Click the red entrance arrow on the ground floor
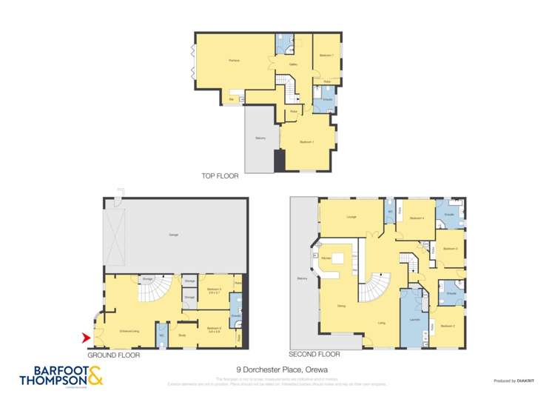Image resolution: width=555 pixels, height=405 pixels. [x=84, y=338]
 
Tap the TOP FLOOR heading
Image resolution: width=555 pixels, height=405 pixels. [x=220, y=176]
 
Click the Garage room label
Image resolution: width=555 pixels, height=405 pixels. [x=173, y=235]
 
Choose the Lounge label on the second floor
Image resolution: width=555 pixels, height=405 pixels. [x=351, y=217]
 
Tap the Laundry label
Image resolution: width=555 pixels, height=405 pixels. [x=414, y=320]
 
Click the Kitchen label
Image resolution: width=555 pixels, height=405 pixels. [x=326, y=257]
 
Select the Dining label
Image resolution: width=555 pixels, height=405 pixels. [x=341, y=306]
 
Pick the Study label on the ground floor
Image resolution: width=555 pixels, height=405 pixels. [x=182, y=335]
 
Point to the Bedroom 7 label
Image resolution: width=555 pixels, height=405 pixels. [x=326, y=56]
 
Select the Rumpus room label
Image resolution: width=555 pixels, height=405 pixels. [x=235, y=59]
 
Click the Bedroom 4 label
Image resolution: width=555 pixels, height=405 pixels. [x=417, y=218]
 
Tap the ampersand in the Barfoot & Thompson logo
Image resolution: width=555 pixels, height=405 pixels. [x=95, y=375]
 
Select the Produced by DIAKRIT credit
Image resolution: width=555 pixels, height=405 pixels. [x=514, y=381]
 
